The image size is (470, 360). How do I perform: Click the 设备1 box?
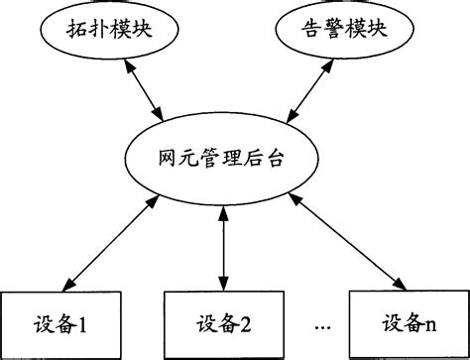click(59, 322)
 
